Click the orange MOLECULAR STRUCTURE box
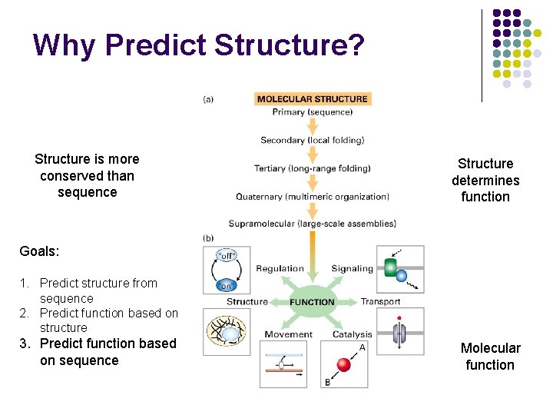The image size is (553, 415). click(x=312, y=98)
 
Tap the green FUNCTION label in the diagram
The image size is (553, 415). click(x=312, y=301)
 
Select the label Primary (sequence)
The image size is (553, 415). click(x=312, y=112)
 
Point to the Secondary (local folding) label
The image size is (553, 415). click(x=312, y=141)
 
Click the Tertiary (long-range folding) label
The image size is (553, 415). click(x=312, y=168)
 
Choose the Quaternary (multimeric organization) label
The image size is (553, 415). click(x=312, y=197)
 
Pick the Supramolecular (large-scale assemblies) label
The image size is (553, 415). click(x=312, y=224)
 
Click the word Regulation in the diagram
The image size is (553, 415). click(x=280, y=269)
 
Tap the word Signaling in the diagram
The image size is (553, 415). click(x=352, y=269)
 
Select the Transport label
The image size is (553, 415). click(x=380, y=301)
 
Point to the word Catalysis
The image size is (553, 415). click(x=352, y=334)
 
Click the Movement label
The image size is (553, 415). click(x=288, y=334)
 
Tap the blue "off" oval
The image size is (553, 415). click(x=227, y=255)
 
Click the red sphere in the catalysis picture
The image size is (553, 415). click(x=344, y=365)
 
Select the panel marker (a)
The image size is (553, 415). click(x=208, y=98)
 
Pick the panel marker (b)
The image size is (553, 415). click(x=208, y=238)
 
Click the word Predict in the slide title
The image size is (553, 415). click(x=154, y=45)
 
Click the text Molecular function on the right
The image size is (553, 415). click(x=490, y=357)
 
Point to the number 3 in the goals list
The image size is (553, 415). click(x=24, y=344)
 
